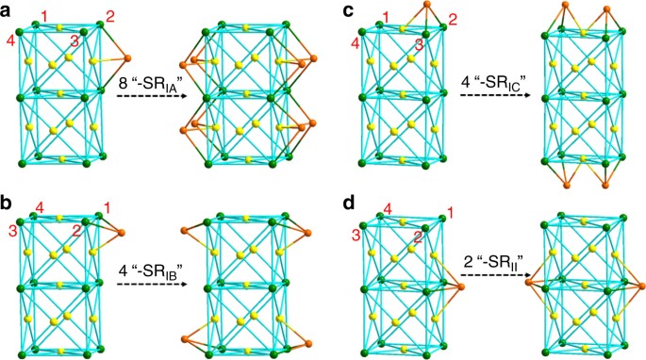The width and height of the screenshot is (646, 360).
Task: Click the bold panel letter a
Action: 8,10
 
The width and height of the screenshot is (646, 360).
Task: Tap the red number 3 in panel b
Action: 13,233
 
